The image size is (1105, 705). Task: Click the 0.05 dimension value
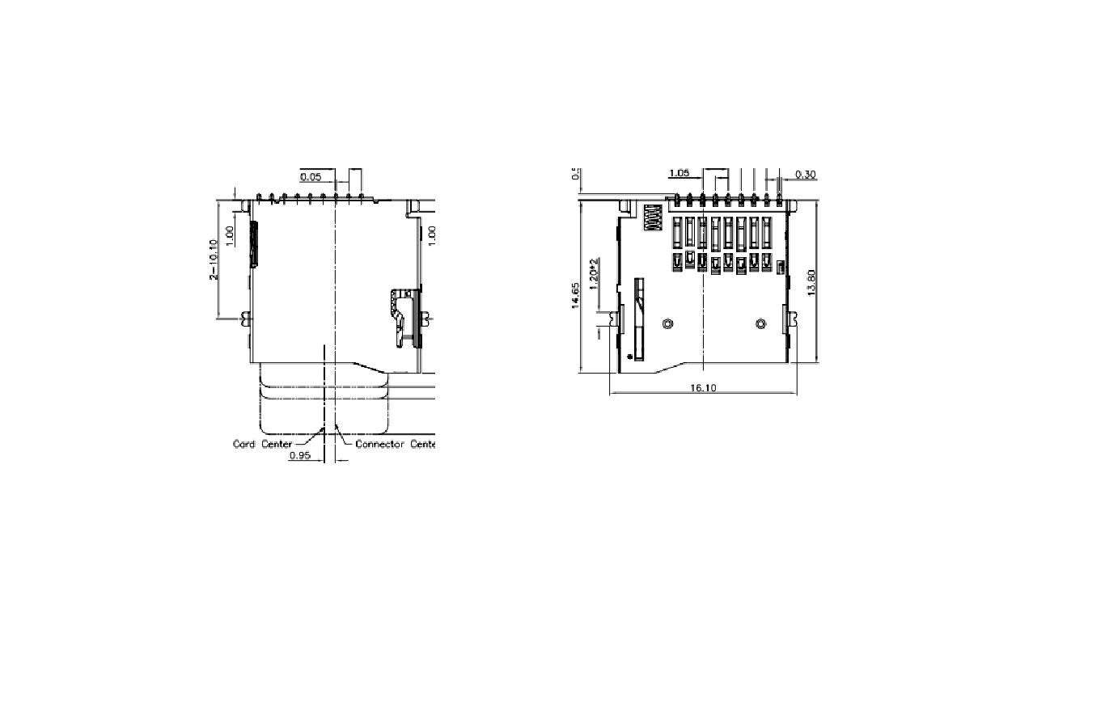[x=311, y=177]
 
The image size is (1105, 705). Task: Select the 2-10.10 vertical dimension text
[x=214, y=260]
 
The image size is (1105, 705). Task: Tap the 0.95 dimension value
[x=301, y=455]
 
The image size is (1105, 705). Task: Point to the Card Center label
[x=262, y=444]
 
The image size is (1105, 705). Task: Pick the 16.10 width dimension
[x=703, y=388]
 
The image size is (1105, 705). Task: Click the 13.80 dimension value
[x=812, y=282]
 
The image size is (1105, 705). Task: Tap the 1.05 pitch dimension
[x=681, y=173]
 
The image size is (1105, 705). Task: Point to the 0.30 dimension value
[x=805, y=174]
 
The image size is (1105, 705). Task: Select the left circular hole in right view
[x=667, y=324]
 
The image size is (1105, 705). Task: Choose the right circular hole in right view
[x=760, y=324]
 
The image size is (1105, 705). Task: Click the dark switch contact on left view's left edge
[x=254, y=243]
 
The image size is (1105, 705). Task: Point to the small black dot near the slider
[x=629, y=356]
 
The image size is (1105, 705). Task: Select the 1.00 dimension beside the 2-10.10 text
[x=230, y=235]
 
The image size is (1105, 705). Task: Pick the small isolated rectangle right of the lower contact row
[x=781, y=266]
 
